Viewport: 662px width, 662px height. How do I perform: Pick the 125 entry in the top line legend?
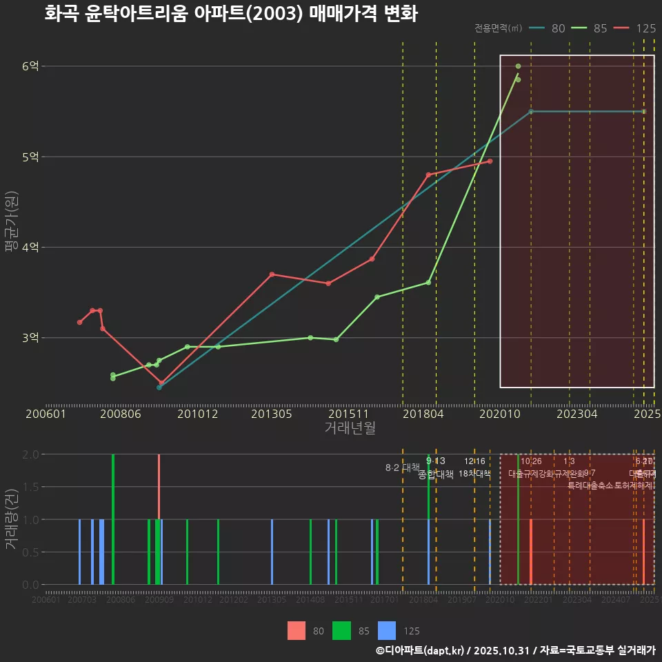645,28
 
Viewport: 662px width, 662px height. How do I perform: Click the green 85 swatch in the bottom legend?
342,630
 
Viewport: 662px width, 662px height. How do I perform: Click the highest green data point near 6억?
518,66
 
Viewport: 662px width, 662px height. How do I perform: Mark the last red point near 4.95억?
490,161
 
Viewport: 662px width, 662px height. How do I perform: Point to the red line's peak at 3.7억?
272,274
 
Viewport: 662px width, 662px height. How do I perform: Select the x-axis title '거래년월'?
350,428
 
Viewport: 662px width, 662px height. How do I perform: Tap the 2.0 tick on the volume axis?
30,454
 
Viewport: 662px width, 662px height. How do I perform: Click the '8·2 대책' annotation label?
402,468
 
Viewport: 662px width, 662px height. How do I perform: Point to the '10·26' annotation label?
531,461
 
